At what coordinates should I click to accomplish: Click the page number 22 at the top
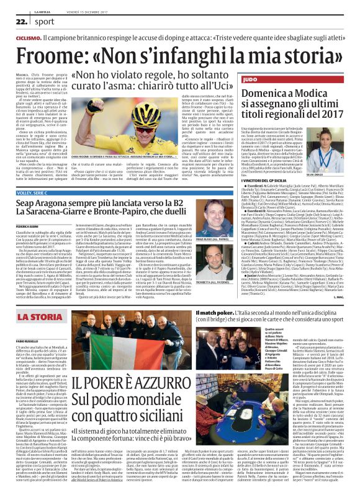21,20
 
